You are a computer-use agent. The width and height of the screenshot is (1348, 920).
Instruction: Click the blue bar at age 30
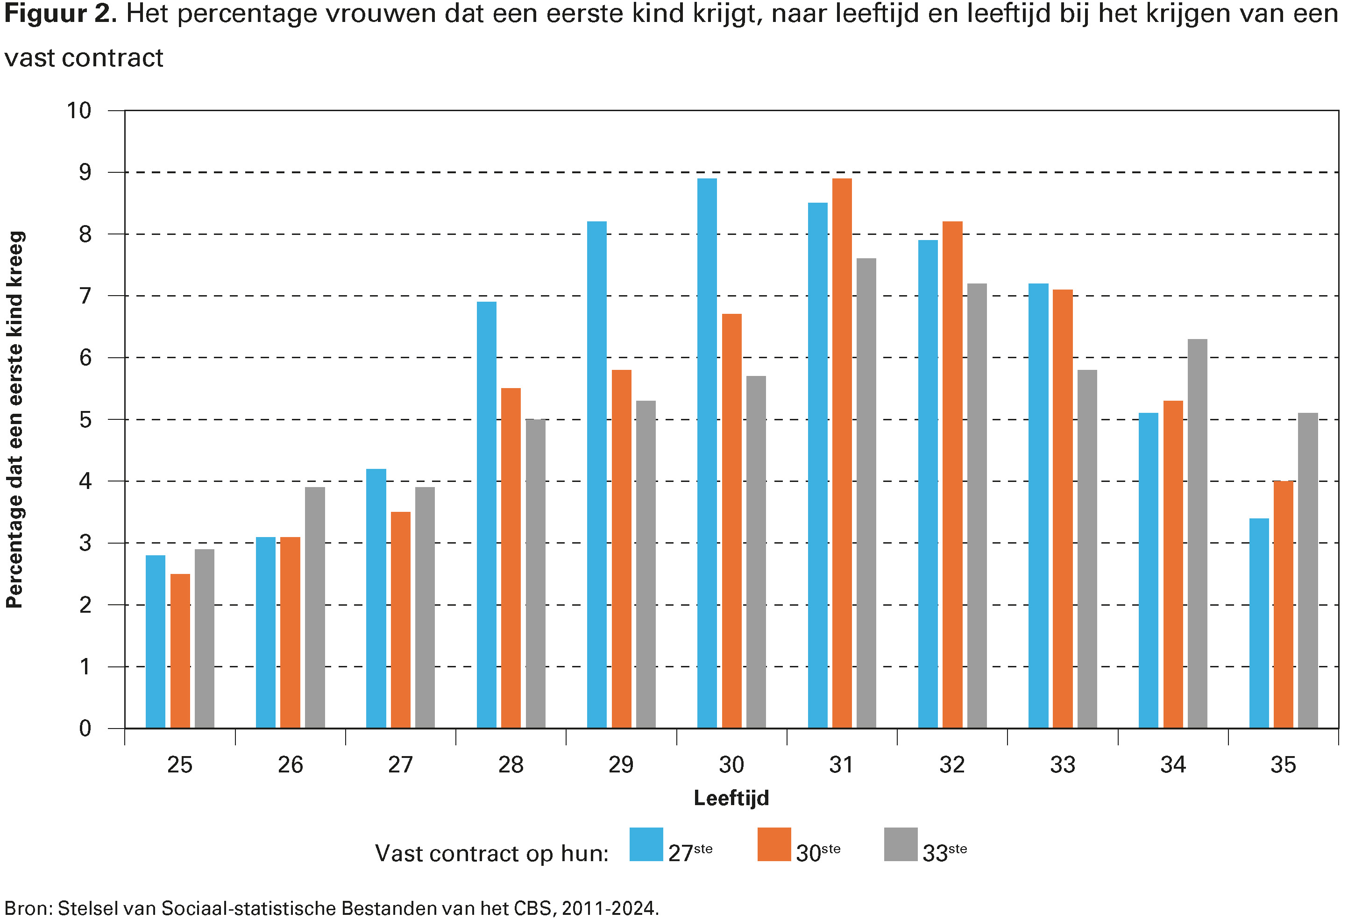707,453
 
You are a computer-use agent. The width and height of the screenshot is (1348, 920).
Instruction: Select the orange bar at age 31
842,453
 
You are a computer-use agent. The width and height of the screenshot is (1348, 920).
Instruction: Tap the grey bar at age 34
1197,534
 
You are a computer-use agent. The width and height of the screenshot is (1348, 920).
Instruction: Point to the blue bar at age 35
1259,623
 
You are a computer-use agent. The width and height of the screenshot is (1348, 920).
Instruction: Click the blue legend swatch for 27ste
646,844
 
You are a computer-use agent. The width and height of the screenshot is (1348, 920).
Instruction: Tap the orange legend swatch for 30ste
774,844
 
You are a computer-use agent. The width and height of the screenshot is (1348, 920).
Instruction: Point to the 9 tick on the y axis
85,172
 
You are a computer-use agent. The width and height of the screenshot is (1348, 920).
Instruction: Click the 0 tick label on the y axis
85,729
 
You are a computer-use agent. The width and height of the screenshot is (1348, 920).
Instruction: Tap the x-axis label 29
621,765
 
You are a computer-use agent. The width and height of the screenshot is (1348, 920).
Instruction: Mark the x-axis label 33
1062,765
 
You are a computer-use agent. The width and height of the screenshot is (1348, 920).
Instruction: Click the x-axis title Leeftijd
731,798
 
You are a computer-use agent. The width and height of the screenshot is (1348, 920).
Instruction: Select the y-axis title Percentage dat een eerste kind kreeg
15,419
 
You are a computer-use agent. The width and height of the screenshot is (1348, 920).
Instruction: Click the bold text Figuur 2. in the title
60,14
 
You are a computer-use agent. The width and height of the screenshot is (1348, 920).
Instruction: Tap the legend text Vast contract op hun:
491,853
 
